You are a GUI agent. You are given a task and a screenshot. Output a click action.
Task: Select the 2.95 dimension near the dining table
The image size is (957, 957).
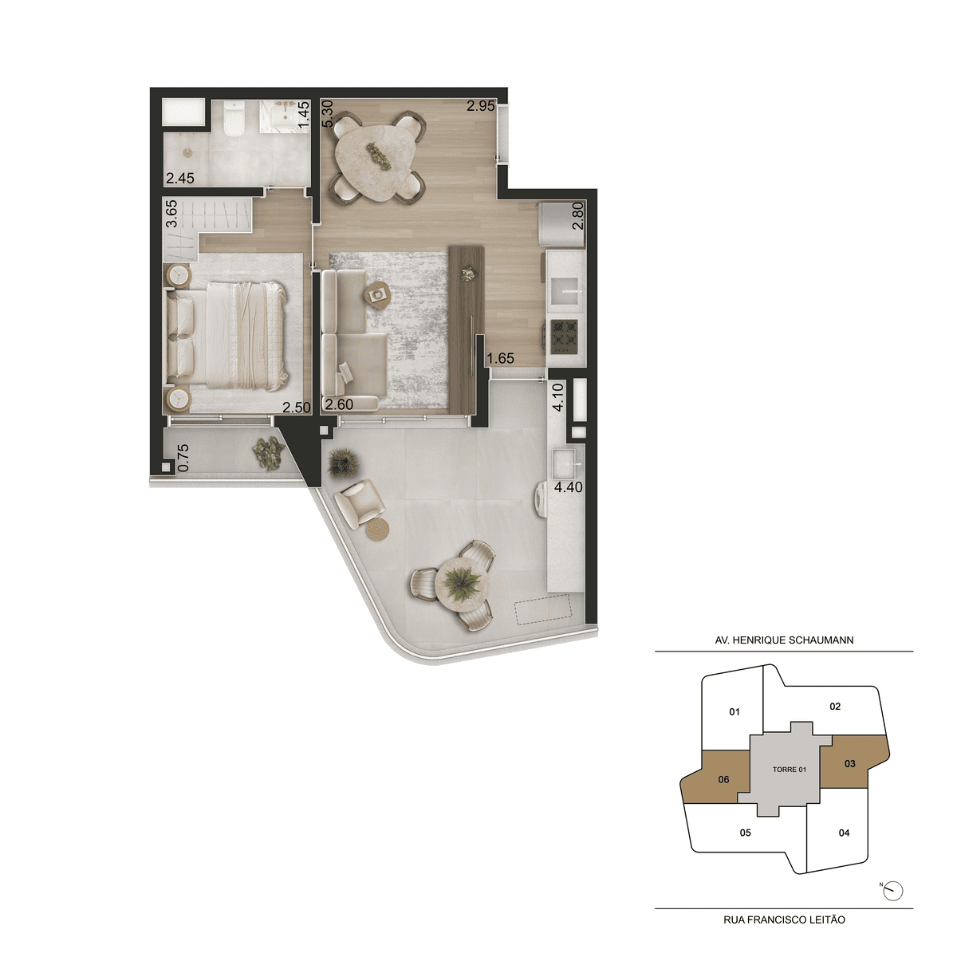pos(481,106)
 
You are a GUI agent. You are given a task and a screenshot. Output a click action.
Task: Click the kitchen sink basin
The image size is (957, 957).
pos(565,292)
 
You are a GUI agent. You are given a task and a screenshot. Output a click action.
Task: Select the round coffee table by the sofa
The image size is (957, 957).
pos(377,296)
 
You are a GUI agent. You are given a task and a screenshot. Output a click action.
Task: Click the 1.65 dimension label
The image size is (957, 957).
pos(500,358)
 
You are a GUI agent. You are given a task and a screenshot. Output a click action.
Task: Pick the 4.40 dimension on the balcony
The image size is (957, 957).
pos(568,487)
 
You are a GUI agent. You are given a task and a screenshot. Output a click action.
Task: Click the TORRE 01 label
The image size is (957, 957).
pos(790,770)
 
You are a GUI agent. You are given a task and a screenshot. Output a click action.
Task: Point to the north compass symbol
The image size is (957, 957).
pos(893,891)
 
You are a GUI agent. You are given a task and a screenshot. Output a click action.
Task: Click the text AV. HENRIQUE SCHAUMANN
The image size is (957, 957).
pos(784,640)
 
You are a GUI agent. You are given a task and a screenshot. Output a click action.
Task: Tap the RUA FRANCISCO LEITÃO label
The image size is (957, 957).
pos(784,920)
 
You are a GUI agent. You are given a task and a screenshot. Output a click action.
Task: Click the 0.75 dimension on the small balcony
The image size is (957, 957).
pos(183,458)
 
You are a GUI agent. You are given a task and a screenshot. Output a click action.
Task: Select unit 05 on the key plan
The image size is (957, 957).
pos(745,833)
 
